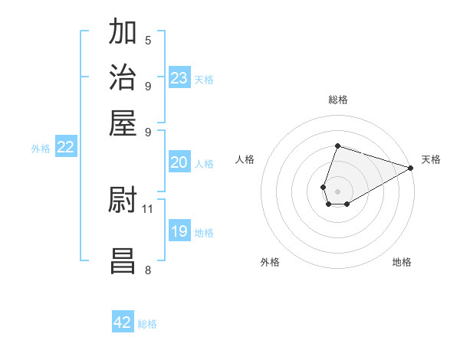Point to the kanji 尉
coord(123,201)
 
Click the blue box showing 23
coord(179,77)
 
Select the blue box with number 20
coord(179,162)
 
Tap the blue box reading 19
coord(179,231)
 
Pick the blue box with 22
coord(65,148)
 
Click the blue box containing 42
coord(123,322)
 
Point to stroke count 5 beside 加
coord(148,40)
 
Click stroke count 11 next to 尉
coord(148,208)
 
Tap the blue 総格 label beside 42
coord(147,324)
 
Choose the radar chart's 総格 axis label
coord(337,100)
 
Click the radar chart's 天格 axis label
coord(431,159)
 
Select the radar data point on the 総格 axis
coord(337,146)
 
